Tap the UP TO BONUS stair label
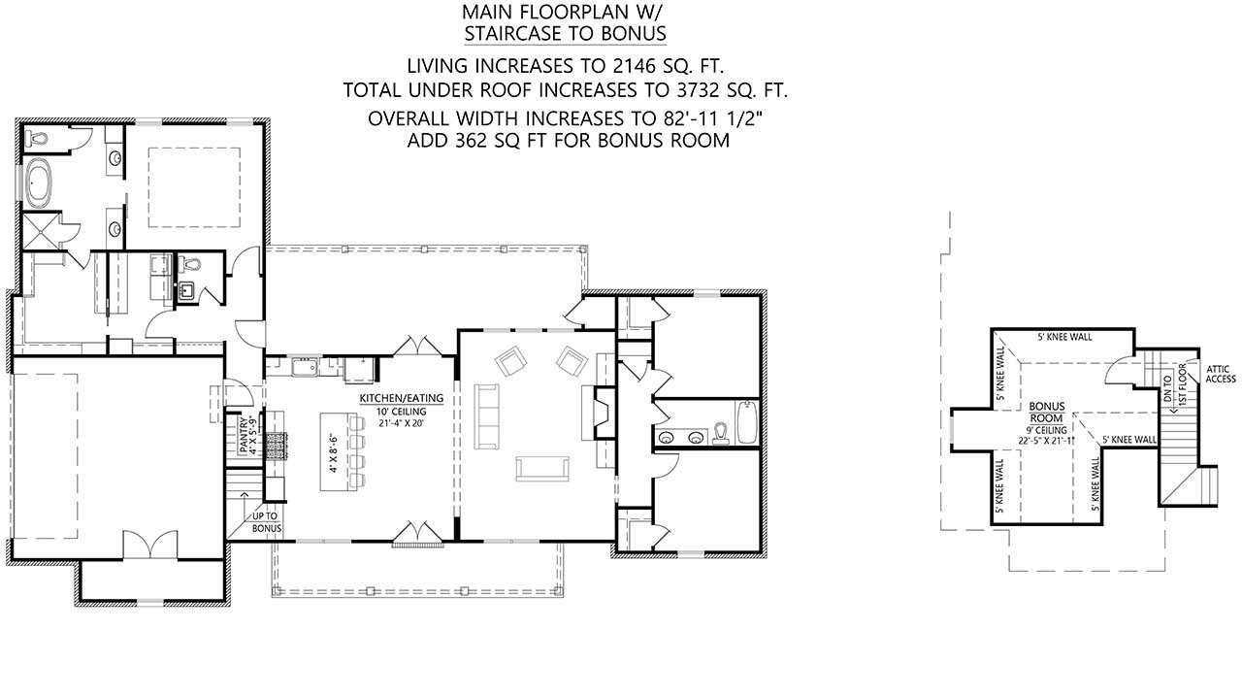point(267,523)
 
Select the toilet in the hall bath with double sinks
point(720,432)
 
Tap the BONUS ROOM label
point(1048,412)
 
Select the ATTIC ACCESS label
point(1220,373)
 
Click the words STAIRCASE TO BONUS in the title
point(565,34)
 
